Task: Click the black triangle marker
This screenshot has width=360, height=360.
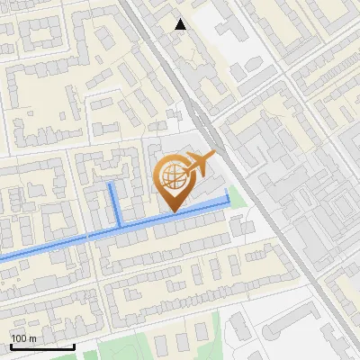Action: (x=180, y=24)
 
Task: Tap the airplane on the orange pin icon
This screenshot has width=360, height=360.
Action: (x=199, y=163)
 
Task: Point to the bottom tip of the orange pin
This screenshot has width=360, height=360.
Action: (x=173, y=211)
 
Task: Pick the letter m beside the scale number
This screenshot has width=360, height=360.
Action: (x=33, y=338)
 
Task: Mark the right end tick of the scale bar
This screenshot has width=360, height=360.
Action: (x=74, y=346)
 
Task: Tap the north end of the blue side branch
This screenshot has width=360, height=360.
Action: (x=112, y=184)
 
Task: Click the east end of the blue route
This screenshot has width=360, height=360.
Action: (x=227, y=204)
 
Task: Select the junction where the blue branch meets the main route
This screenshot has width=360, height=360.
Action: (x=120, y=227)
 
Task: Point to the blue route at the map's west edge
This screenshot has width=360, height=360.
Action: (x=3, y=258)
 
